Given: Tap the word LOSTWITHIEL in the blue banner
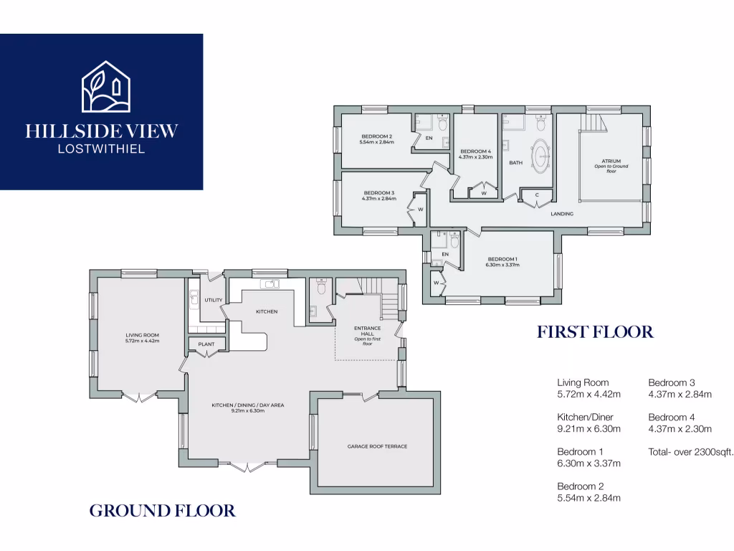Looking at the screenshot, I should tap(101, 149).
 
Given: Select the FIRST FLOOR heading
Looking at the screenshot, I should tap(595, 332).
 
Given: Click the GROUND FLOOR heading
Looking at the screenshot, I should tap(162, 511).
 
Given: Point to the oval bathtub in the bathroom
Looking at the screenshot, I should tap(540, 155).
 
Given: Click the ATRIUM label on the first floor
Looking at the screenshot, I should tap(611, 161).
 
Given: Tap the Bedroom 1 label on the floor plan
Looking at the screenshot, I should tap(502, 259).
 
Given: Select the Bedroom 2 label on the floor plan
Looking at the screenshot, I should tap(376, 136).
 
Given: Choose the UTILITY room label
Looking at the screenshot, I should tap(214, 300).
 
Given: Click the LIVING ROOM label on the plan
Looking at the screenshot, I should tap(142, 335).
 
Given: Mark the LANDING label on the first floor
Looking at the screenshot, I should tap(561, 214).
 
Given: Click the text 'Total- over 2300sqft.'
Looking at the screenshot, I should tap(691, 451).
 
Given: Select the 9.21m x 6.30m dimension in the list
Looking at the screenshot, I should tap(588, 429).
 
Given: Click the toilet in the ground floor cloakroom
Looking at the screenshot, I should tap(320, 286).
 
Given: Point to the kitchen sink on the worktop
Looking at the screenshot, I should tap(272, 284).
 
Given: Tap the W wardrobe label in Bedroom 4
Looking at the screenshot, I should tap(484, 193).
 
